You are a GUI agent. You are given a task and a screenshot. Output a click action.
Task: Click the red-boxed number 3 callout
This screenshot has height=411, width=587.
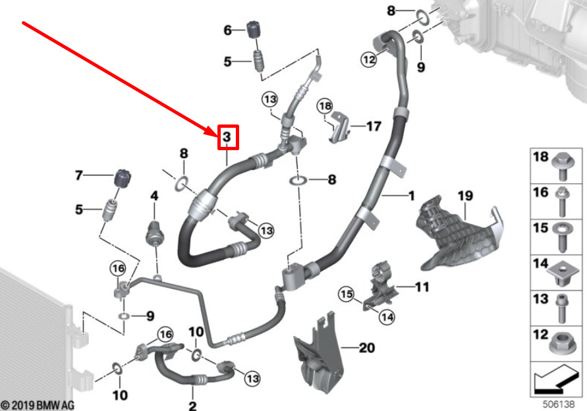(228, 138)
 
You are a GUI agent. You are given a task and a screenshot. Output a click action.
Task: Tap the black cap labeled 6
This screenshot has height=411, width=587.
(254, 30)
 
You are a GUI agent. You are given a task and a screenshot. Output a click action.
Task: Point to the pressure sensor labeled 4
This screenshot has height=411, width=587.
(154, 231)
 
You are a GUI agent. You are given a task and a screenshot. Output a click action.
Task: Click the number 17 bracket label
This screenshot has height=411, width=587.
(374, 126)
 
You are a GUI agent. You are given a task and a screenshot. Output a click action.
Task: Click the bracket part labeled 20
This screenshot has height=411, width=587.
(318, 354)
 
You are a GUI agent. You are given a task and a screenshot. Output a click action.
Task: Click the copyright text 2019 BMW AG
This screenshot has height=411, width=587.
(38, 405)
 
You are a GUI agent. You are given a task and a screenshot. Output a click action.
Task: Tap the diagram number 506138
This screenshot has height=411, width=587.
(559, 404)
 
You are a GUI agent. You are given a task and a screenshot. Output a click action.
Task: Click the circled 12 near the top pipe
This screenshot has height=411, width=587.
(368, 59)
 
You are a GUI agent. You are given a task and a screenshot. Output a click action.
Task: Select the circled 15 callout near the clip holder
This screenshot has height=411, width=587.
(347, 294)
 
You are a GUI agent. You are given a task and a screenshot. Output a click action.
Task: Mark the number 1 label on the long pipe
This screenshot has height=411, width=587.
(411, 196)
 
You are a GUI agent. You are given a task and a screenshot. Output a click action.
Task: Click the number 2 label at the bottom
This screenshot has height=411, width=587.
(192, 405)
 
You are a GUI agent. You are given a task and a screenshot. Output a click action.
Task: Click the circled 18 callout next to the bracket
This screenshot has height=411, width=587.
(325, 106)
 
